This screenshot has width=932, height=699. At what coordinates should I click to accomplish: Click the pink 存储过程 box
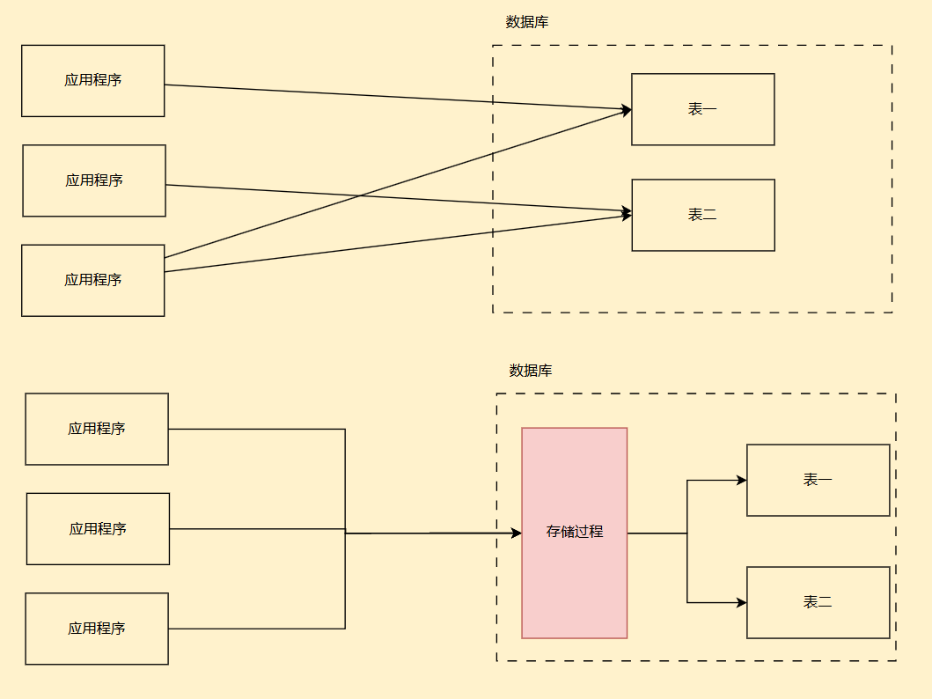click(574, 533)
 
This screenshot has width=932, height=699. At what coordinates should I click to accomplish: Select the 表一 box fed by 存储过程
click(818, 480)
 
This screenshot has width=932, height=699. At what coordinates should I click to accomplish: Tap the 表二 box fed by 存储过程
click(818, 602)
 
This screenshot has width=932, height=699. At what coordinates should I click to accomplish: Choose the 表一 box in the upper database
click(702, 109)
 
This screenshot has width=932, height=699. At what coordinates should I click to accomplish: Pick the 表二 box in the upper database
click(702, 215)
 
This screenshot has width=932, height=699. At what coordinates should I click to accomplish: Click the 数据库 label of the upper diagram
click(527, 22)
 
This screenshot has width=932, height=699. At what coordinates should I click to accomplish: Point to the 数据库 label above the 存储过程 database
click(531, 371)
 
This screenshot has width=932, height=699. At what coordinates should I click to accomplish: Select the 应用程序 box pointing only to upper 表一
click(92, 80)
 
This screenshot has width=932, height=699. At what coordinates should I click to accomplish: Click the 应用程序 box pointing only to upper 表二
click(93, 180)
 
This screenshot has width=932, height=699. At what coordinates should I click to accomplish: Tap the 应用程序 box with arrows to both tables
click(92, 280)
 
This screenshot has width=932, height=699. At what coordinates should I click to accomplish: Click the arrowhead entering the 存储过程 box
click(517, 533)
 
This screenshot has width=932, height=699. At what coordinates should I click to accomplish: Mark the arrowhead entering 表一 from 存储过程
click(742, 480)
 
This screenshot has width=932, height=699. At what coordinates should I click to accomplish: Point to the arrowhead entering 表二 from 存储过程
click(742, 602)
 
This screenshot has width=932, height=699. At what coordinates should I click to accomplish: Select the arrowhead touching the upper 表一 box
click(627, 110)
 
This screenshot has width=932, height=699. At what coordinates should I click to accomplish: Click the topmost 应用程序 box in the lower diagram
click(96, 429)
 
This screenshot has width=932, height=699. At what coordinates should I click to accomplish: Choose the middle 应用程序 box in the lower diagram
click(98, 528)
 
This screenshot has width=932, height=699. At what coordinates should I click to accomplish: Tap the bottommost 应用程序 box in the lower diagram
click(96, 629)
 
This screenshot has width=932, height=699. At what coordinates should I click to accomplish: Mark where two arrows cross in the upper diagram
click(358, 196)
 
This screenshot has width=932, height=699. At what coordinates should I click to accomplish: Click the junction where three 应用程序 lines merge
click(345, 533)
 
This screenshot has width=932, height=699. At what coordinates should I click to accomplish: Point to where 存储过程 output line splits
click(687, 533)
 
